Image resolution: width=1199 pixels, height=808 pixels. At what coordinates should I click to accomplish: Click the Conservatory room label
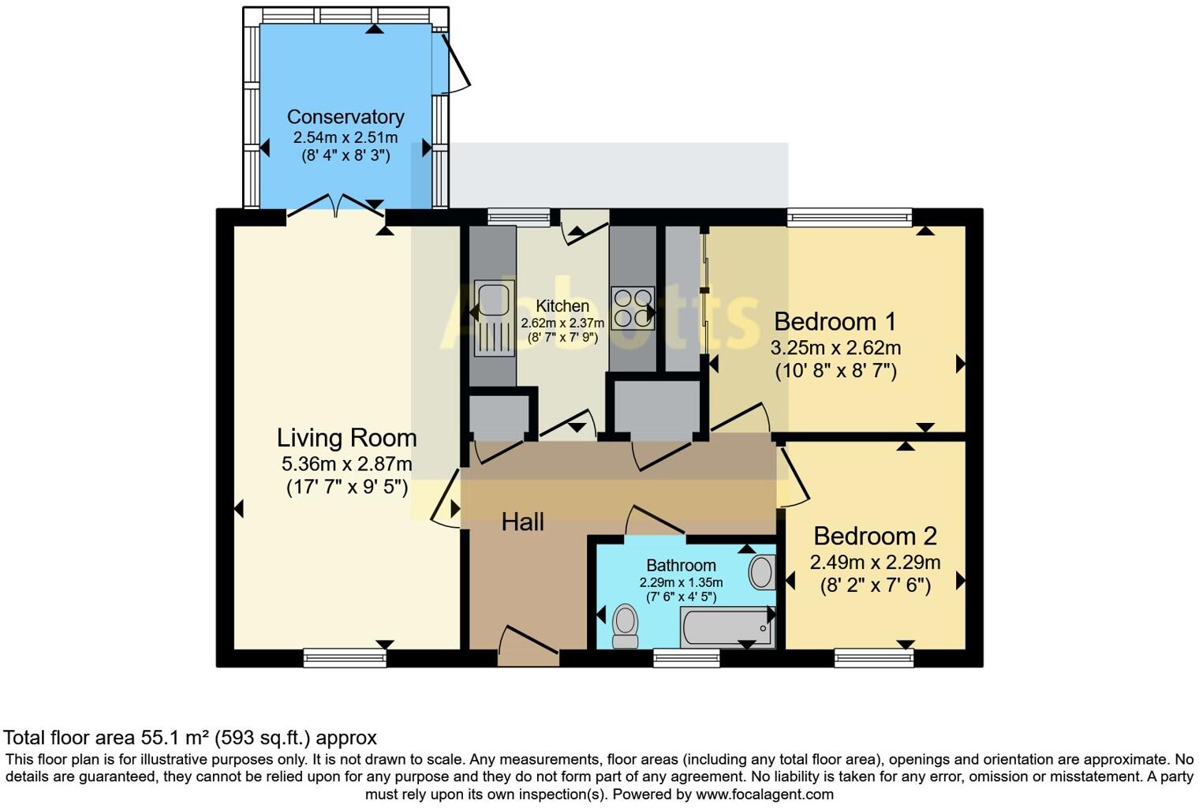click(x=346, y=117)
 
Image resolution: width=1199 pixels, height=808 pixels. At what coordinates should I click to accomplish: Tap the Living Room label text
click(x=346, y=438)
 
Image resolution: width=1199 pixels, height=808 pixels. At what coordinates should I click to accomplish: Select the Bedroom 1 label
click(x=835, y=322)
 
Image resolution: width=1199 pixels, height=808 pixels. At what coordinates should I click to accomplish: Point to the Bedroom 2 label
click(x=875, y=537)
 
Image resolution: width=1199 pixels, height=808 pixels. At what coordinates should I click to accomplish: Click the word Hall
click(x=523, y=522)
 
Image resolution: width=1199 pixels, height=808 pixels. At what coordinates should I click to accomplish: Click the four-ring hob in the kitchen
click(x=633, y=307)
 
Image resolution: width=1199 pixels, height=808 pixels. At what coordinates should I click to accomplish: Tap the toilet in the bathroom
click(x=626, y=626)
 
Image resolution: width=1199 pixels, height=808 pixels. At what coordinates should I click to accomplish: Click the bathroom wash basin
click(x=762, y=572)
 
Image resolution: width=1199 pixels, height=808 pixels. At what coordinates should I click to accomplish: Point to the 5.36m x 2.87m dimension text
click(x=346, y=464)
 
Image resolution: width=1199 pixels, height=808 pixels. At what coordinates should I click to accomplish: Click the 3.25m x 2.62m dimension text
click(x=835, y=348)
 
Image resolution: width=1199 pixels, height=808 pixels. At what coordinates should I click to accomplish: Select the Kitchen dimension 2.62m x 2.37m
click(x=562, y=323)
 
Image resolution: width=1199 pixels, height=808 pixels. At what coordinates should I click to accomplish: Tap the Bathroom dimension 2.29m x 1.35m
click(x=681, y=582)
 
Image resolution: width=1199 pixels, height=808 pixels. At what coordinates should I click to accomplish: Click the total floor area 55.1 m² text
click(x=190, y=738)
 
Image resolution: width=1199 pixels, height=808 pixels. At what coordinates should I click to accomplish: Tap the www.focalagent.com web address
click(x=764, y=794)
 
